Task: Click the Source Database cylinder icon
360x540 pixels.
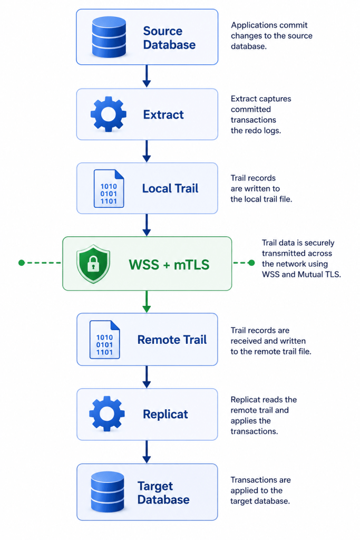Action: pos(109,36)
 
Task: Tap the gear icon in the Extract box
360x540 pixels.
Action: pos(109,114)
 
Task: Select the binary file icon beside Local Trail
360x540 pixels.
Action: pos(109,188)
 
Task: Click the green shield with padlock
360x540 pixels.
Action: pos(93,264)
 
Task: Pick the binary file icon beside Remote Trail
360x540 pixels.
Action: pos(105,340)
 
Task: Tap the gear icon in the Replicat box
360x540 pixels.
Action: pos(107,413)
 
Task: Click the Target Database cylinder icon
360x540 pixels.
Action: pos(108,491)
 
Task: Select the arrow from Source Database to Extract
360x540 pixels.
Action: pos(147,76)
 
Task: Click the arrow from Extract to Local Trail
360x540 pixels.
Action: pos(147,151)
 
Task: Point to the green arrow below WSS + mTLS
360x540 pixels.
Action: pos(147,302)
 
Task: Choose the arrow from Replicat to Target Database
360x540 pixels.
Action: pos(147,452)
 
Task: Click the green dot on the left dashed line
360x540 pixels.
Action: pos(21,263)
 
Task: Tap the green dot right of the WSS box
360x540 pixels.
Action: pos(251,263)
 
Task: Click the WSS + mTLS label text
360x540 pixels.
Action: pos(169,265)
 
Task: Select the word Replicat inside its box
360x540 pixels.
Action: pos(166,414)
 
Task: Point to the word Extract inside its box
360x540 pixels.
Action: pos(163,114)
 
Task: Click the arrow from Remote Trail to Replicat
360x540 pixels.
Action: pos(147,377)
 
